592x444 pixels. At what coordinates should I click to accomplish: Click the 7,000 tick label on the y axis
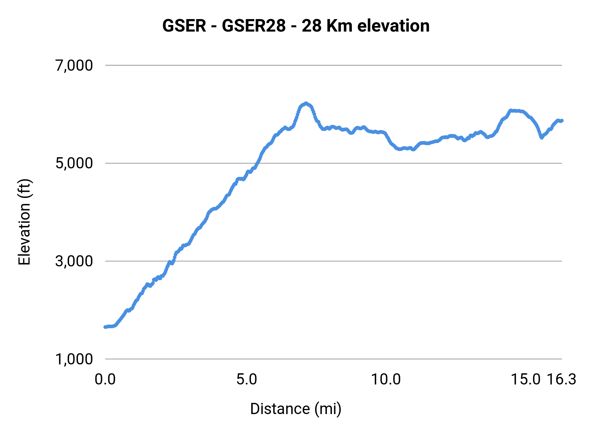(x=74, y=65)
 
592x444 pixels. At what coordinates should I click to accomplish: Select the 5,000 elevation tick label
(x=74, y=163)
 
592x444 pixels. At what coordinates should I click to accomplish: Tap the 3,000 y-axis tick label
(x=74, y=261)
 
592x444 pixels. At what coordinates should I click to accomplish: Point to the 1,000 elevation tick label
(x=74, y=359)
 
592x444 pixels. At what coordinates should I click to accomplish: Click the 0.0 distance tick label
(x=105, y=380)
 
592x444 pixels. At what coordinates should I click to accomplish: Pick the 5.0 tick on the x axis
(x=247, y=380)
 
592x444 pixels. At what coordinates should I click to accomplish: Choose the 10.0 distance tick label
(x=386, y=380)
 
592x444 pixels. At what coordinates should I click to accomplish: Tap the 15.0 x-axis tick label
(x=525, y=380)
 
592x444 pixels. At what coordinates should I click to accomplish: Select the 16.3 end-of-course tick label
(x=561, y=380)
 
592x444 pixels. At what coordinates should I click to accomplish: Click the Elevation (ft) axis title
(x=24, y=222)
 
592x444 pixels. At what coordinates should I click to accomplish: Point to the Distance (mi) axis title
(x=296, y=409)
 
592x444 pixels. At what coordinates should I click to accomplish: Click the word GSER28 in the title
(x=254, y=26)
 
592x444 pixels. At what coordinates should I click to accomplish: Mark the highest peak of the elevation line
(x=306, y=103)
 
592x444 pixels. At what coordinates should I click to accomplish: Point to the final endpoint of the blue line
(x=562, y=121)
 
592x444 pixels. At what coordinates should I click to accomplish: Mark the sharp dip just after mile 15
(x=541, y=137)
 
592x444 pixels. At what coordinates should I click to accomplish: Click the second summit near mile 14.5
(x=511, y=111)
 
